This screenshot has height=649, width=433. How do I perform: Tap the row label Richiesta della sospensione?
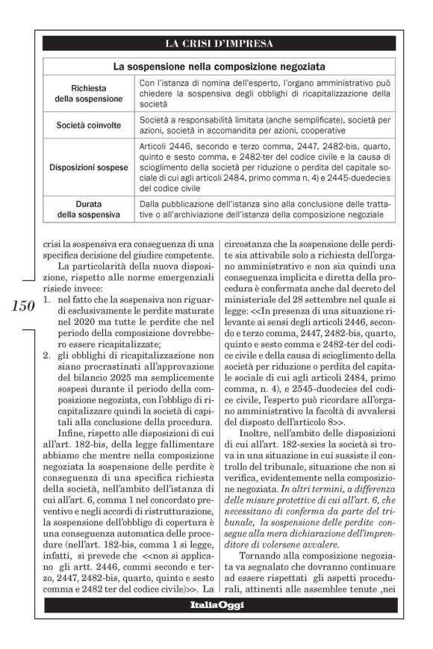coord(89,93)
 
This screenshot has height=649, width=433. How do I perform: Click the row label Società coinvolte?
coord(89,124)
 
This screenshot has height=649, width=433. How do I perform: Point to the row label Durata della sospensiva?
coord(89,208)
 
